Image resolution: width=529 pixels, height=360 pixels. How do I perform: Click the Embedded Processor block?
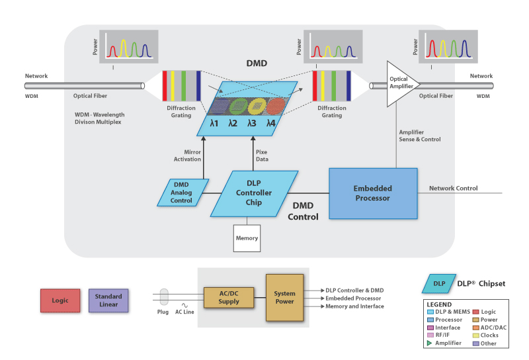pos(373,193)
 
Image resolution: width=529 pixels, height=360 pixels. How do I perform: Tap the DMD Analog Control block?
pos(182,192)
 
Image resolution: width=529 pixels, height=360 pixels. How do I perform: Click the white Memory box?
pos(247,238)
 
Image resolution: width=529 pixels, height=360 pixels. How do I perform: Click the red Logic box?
pos(59,299)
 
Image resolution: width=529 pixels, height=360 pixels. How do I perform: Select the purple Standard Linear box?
pos(108,300)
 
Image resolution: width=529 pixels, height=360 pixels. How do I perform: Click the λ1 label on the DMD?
pos(214,123)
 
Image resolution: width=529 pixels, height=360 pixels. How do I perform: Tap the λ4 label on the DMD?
pos(270,123)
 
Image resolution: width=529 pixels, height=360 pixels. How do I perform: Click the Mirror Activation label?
pos(188,156)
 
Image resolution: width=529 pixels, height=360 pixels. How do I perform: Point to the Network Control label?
pos(453,188)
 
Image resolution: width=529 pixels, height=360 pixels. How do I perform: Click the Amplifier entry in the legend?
pos(446,343)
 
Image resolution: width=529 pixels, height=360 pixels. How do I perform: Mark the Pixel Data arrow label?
pos(262,156)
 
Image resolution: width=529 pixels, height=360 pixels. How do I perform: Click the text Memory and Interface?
pos(354,306)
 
